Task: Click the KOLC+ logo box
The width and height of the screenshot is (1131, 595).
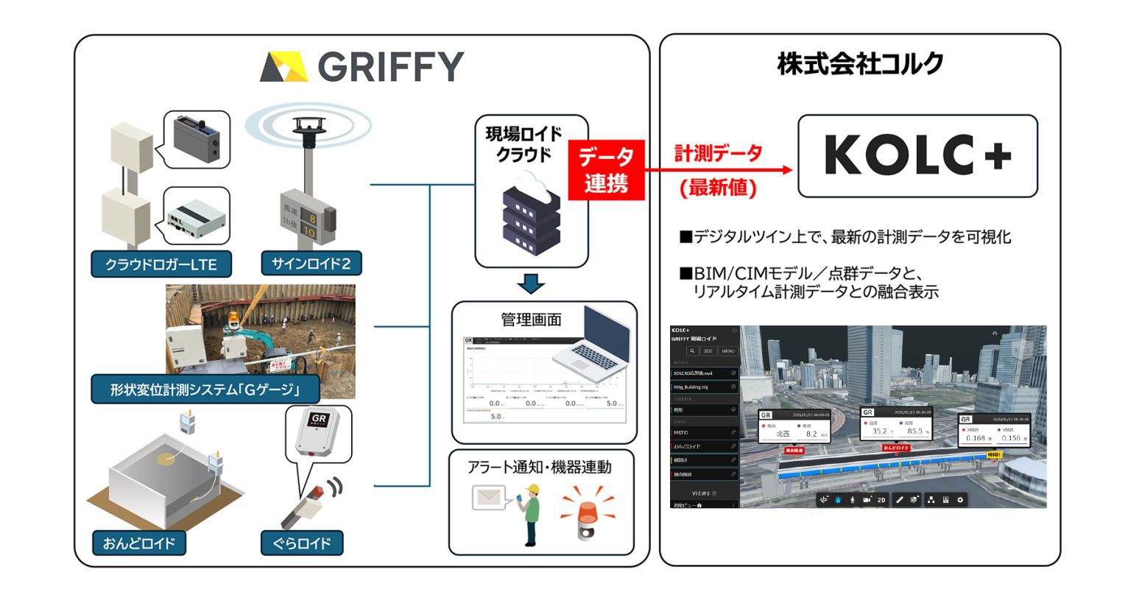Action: (x=917, y=155)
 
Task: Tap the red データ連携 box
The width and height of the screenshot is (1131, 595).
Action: (x=606, y=171)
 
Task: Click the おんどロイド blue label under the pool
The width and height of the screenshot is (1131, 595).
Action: (x=139, y=543)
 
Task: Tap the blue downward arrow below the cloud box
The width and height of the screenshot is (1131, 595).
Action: (x=531, y=284)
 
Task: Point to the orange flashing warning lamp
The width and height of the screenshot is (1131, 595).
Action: (x=587, y=510)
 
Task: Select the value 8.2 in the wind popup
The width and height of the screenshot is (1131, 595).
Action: (x=811, y=434)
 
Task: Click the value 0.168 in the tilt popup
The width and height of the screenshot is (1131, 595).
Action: (x=976, y=438)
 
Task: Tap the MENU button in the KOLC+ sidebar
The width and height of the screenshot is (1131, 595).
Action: (x=727, y=351)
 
